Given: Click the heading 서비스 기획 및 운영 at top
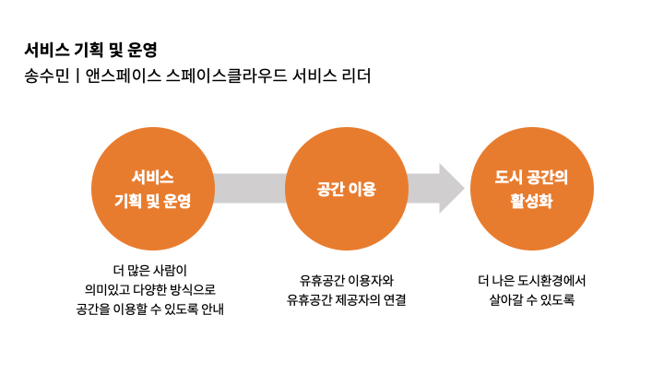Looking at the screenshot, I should point(97,50).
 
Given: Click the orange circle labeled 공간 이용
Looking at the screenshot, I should point(346,188).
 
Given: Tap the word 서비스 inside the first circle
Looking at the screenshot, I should point(152,176).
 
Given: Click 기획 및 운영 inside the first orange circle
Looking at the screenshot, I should point(152,200).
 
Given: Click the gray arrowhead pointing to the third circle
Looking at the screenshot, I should point(450,188).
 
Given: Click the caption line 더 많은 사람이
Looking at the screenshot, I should point(150,271).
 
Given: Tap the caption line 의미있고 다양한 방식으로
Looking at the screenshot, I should point(150,290).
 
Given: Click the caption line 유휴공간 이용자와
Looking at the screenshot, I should point(347,280).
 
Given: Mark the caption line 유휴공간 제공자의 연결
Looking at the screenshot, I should point(347,300).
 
